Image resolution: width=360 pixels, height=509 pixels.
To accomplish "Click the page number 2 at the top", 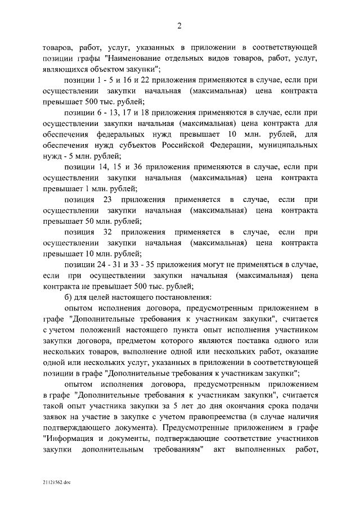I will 179,25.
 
